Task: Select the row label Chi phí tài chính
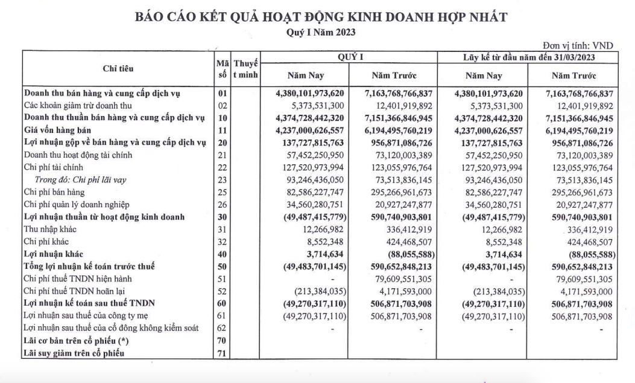tap(53, 167)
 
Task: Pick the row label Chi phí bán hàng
tap(54, 192)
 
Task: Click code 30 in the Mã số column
tap(221, 217)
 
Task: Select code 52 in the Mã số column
tap(221, 292)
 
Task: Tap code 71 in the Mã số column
tap(221, 354)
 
